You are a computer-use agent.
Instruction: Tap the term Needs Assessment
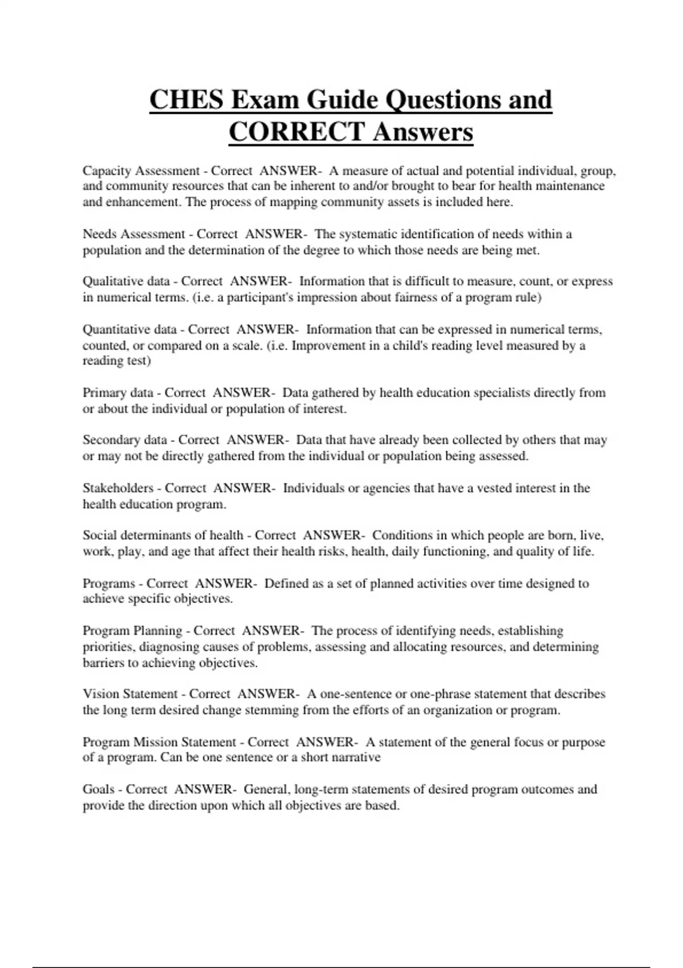point(134,234)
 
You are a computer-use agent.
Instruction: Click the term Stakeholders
point(118,488)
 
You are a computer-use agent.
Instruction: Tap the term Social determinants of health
point(163,535)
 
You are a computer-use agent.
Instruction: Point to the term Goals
point(98,790)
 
